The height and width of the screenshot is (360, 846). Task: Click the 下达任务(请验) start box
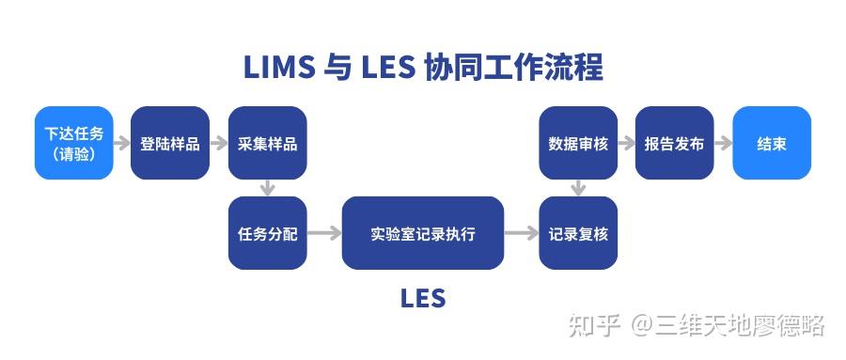[74, 143]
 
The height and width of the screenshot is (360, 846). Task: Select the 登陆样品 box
[170, 143]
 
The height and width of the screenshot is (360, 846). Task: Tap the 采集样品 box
[267, 143]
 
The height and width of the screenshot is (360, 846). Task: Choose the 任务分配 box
[267, 233]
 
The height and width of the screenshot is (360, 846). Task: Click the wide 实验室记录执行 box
[422, 233]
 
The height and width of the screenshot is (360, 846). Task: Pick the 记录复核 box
[578, 233]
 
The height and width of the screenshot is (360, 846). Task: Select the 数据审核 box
[578, 143]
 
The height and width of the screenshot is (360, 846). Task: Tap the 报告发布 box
[674, 143]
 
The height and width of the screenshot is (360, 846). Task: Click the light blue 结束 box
[772, 143]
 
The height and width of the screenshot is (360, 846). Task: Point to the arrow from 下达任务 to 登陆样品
[122, 144]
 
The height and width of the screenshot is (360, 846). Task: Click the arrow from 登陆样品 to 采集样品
[219, 144]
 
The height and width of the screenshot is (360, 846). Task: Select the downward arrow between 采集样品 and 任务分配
[267, 188]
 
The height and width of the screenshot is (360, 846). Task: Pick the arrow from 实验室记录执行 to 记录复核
[521, 233]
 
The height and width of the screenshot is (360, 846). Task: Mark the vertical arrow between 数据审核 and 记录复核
[578, 188]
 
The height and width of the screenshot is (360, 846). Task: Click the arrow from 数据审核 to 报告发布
[626, 144]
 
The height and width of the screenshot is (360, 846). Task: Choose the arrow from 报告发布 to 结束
[723, 144]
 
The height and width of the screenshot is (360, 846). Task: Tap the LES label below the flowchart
[422, 299]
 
